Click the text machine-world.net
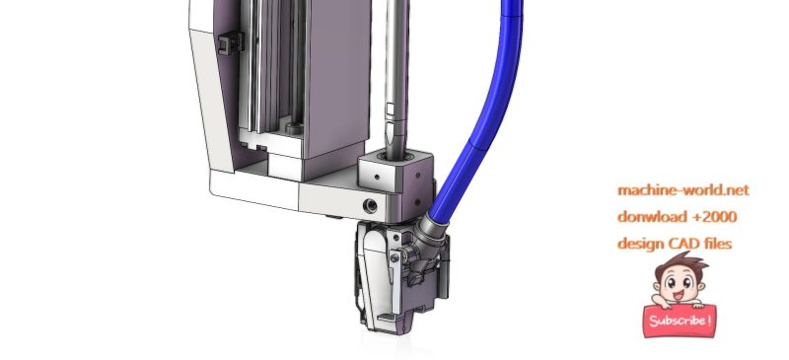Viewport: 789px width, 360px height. pyautogui.click(x=676, y=190)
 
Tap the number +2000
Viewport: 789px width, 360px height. pyautogui.click(x=713, y=216)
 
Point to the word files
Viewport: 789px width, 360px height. pyautogui.click(x=717, y=243)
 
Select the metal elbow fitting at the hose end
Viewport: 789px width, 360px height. pyautogui.click(x=432, y=232)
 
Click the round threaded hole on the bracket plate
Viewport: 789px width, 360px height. pyautogui.click(x=371, y=205)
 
